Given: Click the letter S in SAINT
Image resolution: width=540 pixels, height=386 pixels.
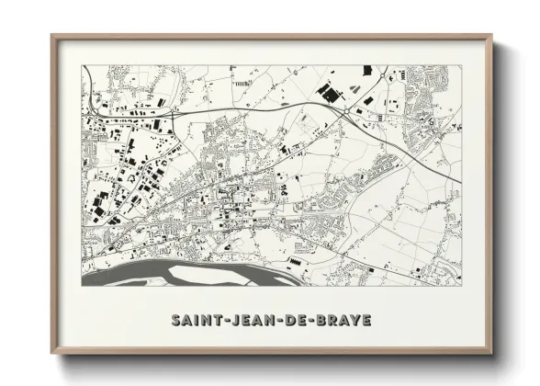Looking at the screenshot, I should [176, 321].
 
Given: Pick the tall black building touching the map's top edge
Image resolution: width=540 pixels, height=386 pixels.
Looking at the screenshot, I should [366, 70].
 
